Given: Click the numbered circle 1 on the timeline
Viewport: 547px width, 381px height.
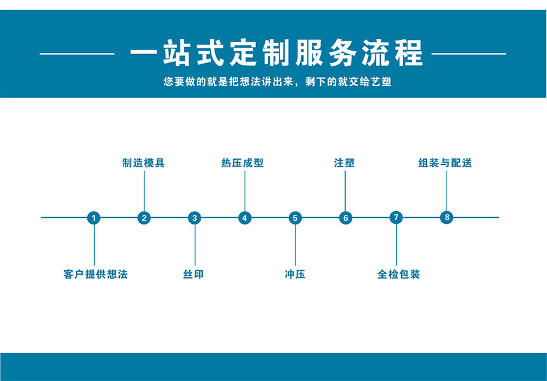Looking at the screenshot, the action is (94, 218).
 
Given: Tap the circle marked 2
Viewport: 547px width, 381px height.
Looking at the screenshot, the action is (144, 218).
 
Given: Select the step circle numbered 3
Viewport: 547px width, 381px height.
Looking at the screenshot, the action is (195, 218).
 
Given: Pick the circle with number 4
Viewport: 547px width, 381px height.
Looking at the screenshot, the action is (245, 218).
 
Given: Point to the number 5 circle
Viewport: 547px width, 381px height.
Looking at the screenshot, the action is (295, 218).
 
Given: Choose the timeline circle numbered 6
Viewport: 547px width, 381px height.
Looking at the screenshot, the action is (346, 218).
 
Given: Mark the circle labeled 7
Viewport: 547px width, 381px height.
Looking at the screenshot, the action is (396, 218).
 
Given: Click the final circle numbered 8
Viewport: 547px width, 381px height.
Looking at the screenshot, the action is (446, 217).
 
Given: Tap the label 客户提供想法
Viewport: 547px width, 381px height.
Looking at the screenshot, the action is (96, 274).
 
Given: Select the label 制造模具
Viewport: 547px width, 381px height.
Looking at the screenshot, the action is (143, 163).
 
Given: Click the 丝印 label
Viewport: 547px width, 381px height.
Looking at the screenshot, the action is (194, 274).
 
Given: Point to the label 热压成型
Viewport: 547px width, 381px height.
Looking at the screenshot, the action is (243, 163).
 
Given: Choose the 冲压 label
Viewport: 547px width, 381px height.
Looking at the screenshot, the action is (295, 274).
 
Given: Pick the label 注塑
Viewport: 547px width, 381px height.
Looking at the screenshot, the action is (345, 163).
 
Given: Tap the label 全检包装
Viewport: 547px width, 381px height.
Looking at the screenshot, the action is (399, 274).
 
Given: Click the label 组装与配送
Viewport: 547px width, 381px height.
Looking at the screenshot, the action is (445, 163).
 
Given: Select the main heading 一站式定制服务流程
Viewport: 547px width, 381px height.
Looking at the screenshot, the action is (276, 53).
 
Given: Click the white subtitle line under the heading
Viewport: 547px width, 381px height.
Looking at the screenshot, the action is (278, 81).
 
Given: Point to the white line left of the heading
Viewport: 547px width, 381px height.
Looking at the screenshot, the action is (77, 53).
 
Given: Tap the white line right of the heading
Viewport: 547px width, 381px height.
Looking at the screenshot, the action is (469, 53).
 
